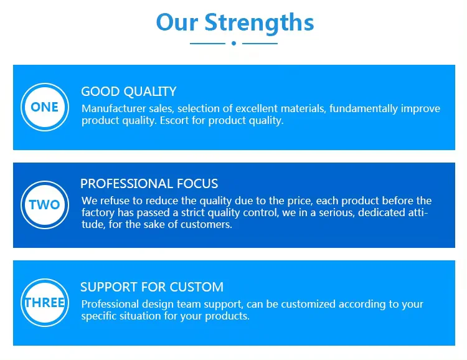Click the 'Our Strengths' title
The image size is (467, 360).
point(235,22)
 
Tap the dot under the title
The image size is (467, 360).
point(233,43)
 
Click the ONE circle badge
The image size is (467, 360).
point(45,107)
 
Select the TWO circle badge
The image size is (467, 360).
point(45,205)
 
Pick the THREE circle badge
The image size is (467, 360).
point(45,303)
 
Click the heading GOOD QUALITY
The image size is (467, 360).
point(129,92)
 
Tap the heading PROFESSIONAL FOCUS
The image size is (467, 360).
point(149,184)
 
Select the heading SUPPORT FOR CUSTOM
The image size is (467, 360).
point(152,287)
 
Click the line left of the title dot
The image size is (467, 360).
point(207,44)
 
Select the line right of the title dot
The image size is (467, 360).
point(260,44)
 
